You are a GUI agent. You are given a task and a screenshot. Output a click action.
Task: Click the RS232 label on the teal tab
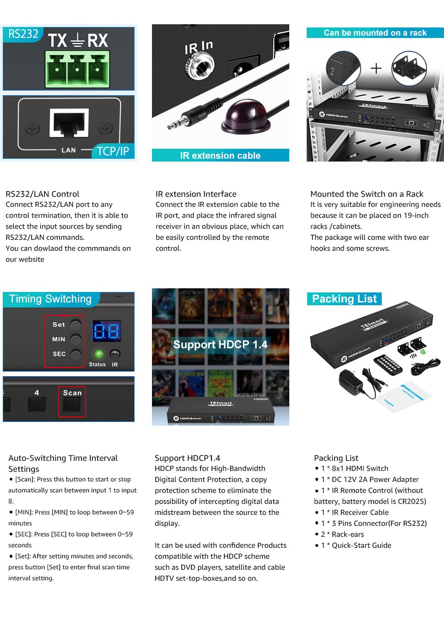(x=23, y=34)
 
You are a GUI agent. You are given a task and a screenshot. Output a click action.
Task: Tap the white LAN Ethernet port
(x=69, y=123)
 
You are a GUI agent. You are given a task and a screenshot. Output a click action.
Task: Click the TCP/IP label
(x=113, y=151)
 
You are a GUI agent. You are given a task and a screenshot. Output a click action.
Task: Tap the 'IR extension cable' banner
(x=220, y=156)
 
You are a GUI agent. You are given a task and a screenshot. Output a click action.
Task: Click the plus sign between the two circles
(x=376, y=68)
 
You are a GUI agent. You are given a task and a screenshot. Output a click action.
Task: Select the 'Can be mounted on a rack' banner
(x=375, y=32)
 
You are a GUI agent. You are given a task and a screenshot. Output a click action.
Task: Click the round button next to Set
(x=76, y=324)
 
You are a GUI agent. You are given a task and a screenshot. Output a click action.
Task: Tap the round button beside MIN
(x=76, y=340)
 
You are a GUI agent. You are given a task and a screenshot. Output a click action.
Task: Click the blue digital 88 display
(x=107, y=331)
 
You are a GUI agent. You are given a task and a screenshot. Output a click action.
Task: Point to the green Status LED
(x=99, y=354)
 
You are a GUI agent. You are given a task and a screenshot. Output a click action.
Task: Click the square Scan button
(x=71, y=405)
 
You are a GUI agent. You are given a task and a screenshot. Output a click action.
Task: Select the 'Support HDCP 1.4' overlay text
(x=220, y=345)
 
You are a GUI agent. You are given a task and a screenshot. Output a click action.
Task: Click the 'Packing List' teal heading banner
(x=344, y=299)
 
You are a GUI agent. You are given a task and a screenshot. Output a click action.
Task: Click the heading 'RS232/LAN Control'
(x=42, y=194)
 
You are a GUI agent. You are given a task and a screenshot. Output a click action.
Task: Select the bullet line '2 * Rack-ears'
(x=340, y=534)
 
